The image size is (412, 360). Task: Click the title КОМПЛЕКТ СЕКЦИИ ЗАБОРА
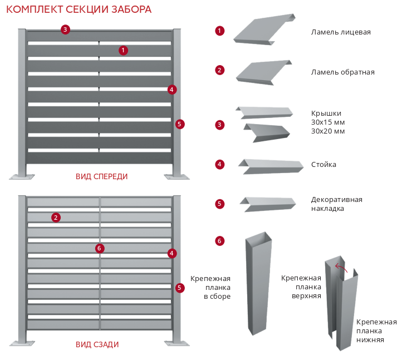pos(79,9)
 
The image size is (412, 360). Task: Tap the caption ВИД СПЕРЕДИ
pos(102,176)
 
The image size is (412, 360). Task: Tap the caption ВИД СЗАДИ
pos(97,344)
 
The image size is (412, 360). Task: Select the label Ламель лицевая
pos(341,32)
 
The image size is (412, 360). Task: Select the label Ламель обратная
pos(342,72)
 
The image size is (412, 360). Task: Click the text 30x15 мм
pos(328,122)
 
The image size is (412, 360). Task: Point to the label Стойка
pos(323,165)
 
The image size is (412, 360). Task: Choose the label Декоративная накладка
pos(336,204)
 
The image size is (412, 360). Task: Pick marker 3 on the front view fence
pos(66,29)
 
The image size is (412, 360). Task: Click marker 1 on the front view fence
pos(123,51)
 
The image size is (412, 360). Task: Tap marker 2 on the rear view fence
pos(56,218)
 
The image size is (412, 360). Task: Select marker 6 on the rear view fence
pos(100,248)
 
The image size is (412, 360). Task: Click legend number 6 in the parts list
pos(220,241)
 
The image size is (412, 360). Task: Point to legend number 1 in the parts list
pos(220,31)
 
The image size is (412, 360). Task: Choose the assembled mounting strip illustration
pos(258,284)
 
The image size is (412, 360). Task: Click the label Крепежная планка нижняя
pos(376,331)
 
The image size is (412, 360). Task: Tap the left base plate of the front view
pos(22,177)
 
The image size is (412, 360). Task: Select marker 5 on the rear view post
pos(179,288)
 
